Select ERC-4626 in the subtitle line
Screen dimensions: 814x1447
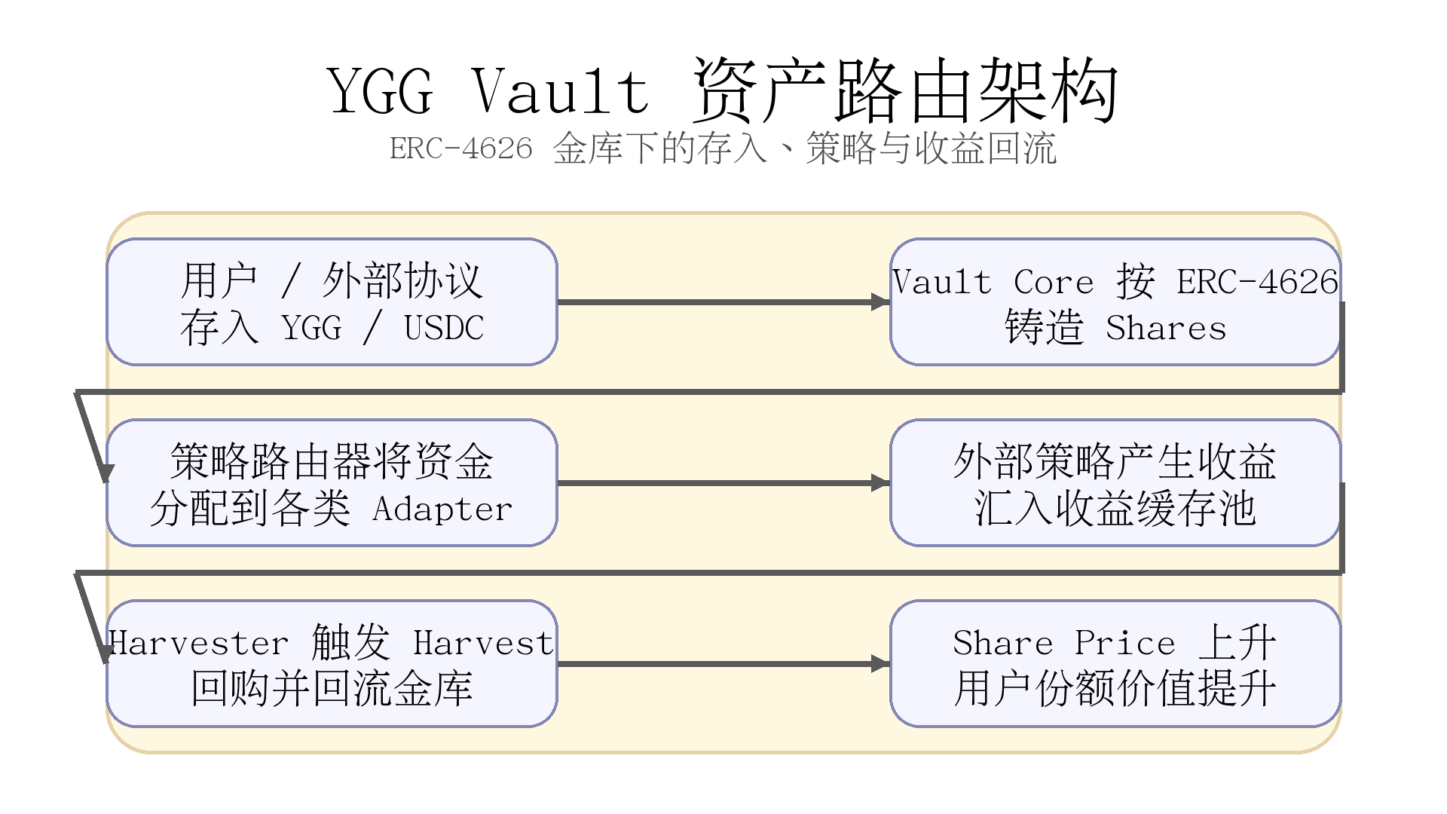click(x=460, y=148)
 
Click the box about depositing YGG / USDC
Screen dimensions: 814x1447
click(x=332, y=301)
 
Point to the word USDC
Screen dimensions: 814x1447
click(x=444, y=328)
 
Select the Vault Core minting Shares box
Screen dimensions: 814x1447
click(x=1115, y=301)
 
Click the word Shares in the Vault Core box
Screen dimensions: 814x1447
click(x=1166, y=328)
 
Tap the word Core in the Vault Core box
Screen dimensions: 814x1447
click(x=1053, y=282)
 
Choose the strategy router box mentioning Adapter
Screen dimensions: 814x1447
click(x=332, y=482)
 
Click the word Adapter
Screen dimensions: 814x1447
click(x=442, y=510)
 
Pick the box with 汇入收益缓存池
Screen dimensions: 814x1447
click(x=1115, y=482)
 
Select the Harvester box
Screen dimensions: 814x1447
click(x=332, y=663)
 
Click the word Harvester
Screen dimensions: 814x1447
click(x=198, y=644)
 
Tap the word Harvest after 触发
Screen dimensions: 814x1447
click(x=483, y=644)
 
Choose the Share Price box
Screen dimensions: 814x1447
click(x=1115, y=663)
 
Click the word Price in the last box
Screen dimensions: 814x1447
click(x=1124, y=644)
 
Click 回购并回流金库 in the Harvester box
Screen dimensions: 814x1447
click(x=332, y=689)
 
